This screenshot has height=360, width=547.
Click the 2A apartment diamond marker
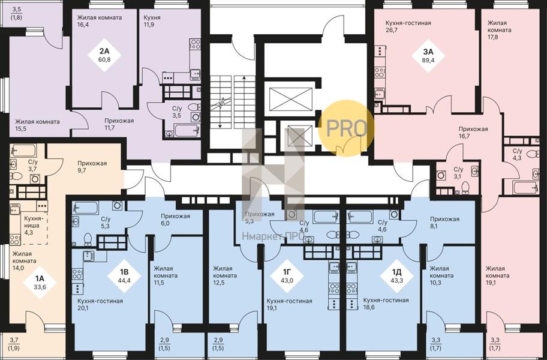click(104, 55)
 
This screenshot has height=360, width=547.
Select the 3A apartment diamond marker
click(428, 55)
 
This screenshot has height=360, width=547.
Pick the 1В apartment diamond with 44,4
click(124, 275)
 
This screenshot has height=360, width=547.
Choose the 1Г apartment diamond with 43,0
click(287, 275)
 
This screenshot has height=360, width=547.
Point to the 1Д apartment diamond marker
click(396, 275)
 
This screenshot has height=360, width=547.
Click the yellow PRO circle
click(347, 128)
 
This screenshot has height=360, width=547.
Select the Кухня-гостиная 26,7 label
click(408, 26)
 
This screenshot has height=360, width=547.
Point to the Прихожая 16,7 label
click(473, 133)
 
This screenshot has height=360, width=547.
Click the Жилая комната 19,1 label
click(497, 275)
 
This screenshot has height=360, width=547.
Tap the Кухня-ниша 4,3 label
click(33, 226)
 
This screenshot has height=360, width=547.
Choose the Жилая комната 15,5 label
click(37, 125)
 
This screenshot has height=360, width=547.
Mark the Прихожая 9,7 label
click(92, 167)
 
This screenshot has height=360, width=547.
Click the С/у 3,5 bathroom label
click(177, 112)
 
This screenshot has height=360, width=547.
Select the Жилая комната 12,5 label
click(225, 275)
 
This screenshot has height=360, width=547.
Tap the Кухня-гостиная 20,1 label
click(100, 304)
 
